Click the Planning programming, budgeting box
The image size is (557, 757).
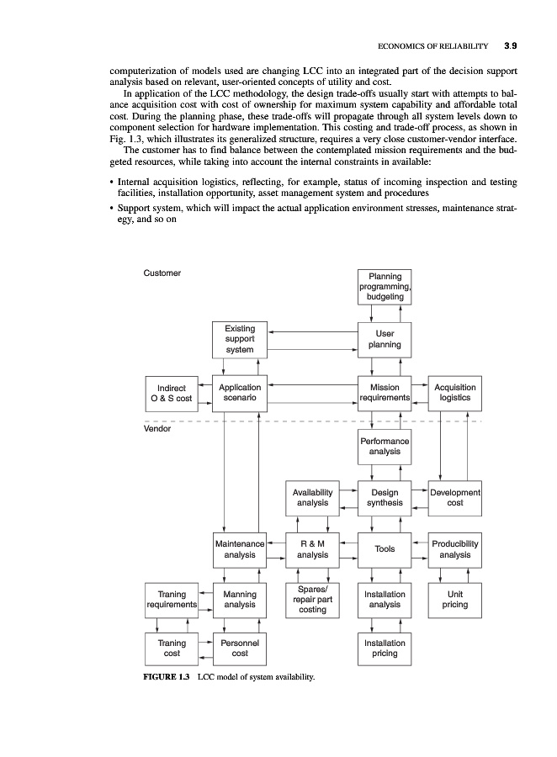pos(385,287)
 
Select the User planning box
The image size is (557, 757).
pos(385,339)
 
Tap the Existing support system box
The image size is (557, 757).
pos(240,339)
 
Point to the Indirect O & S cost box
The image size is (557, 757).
pos(172,393)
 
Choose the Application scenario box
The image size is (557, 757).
pos(240,393)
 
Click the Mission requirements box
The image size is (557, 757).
pos(385,393)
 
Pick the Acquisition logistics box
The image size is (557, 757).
pos(455,393)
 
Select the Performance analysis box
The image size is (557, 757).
pos(385,446)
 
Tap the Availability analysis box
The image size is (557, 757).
pos(312,498)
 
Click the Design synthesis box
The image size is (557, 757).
pos(385,498)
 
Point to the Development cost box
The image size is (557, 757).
pos(455,498)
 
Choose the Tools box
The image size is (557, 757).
pos(385,549)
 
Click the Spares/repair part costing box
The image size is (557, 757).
pos(312,599)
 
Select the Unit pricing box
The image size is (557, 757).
pos(455,599)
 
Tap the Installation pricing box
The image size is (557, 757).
pos(385,648)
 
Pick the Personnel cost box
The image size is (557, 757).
pos(240,648)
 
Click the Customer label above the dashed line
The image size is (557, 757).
pos(163,273)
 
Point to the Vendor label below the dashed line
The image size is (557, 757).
pos(158,428)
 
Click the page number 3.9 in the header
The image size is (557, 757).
pos(511,45)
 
